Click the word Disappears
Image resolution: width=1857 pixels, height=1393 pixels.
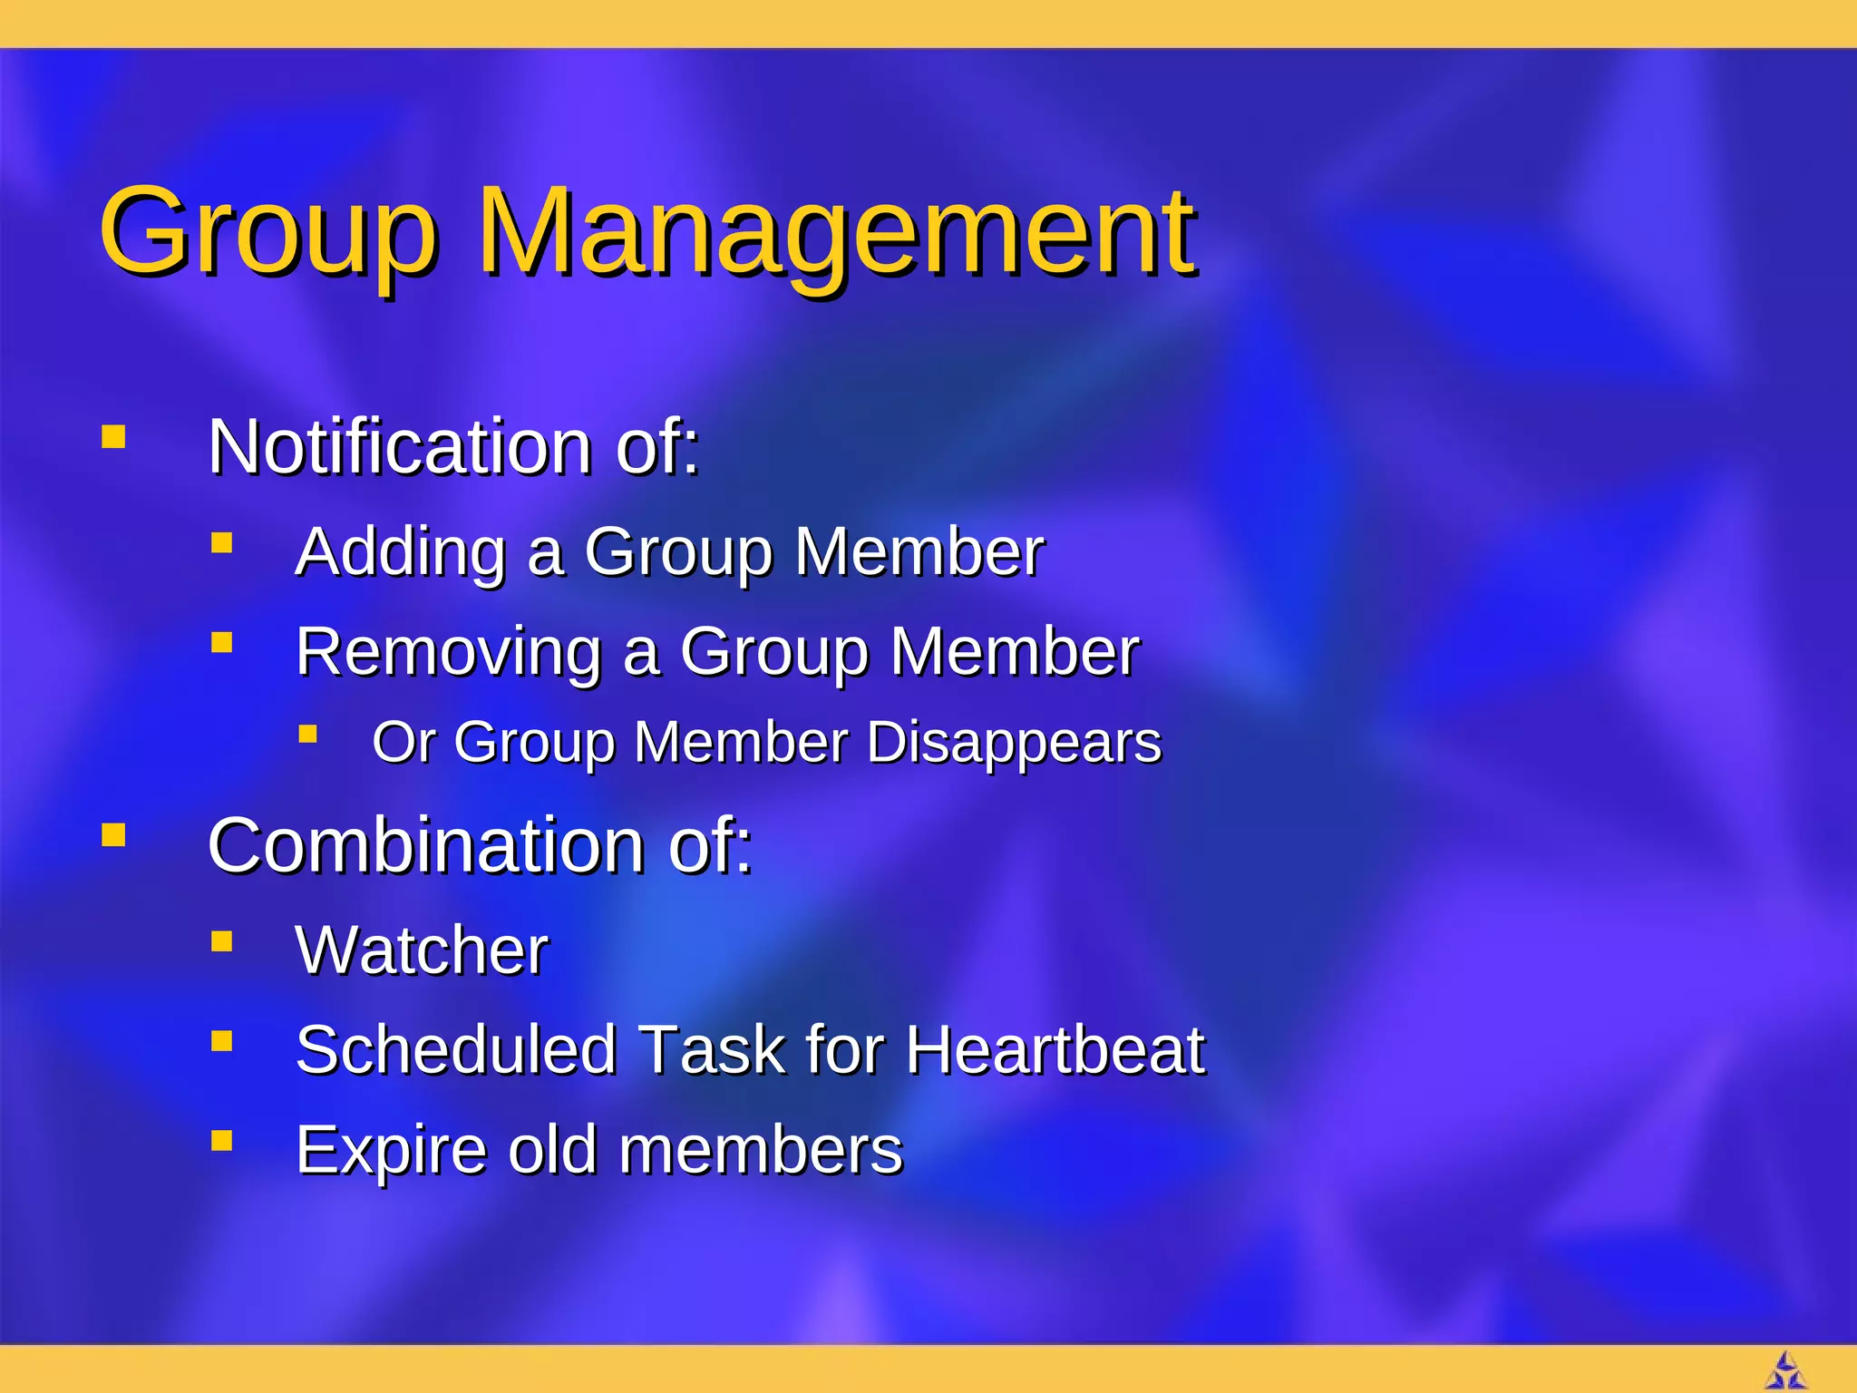[1014, 743]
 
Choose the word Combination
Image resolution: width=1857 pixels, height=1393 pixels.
[425, 845]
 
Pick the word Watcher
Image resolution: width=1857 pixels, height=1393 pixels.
[422, 950]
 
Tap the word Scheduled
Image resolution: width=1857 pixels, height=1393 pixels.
[456, 1050]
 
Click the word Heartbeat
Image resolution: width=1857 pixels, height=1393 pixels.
[1055, 1050]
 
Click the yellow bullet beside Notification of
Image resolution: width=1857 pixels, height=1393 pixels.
[113, 438]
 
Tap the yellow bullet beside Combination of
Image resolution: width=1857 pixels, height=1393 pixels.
[113, 834]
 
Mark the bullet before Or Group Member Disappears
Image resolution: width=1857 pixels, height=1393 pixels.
[308, 733]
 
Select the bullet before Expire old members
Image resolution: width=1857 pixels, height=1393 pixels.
[222, 1140]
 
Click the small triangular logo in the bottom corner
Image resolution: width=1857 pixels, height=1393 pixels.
[1785, 1370]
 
